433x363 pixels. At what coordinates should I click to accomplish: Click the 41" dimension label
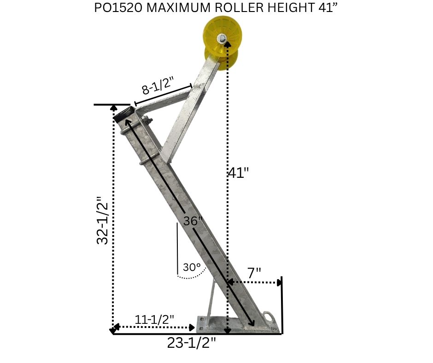(x=238, y=173)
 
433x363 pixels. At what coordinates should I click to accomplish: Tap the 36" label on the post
(x=193, y=221)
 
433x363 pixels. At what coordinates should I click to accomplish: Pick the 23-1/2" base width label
(x=193, y=343)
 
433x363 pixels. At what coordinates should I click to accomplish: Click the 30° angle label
(x=192, y=267)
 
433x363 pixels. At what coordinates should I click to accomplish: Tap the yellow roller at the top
(x=222, y=39)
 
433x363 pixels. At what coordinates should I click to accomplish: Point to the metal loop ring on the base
(x=269, y=317)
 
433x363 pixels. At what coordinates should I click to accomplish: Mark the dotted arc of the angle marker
(x=191, y=277)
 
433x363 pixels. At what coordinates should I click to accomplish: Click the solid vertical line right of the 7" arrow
(x=281, y=304)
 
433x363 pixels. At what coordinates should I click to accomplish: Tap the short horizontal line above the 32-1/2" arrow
(x=112, y=105)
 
